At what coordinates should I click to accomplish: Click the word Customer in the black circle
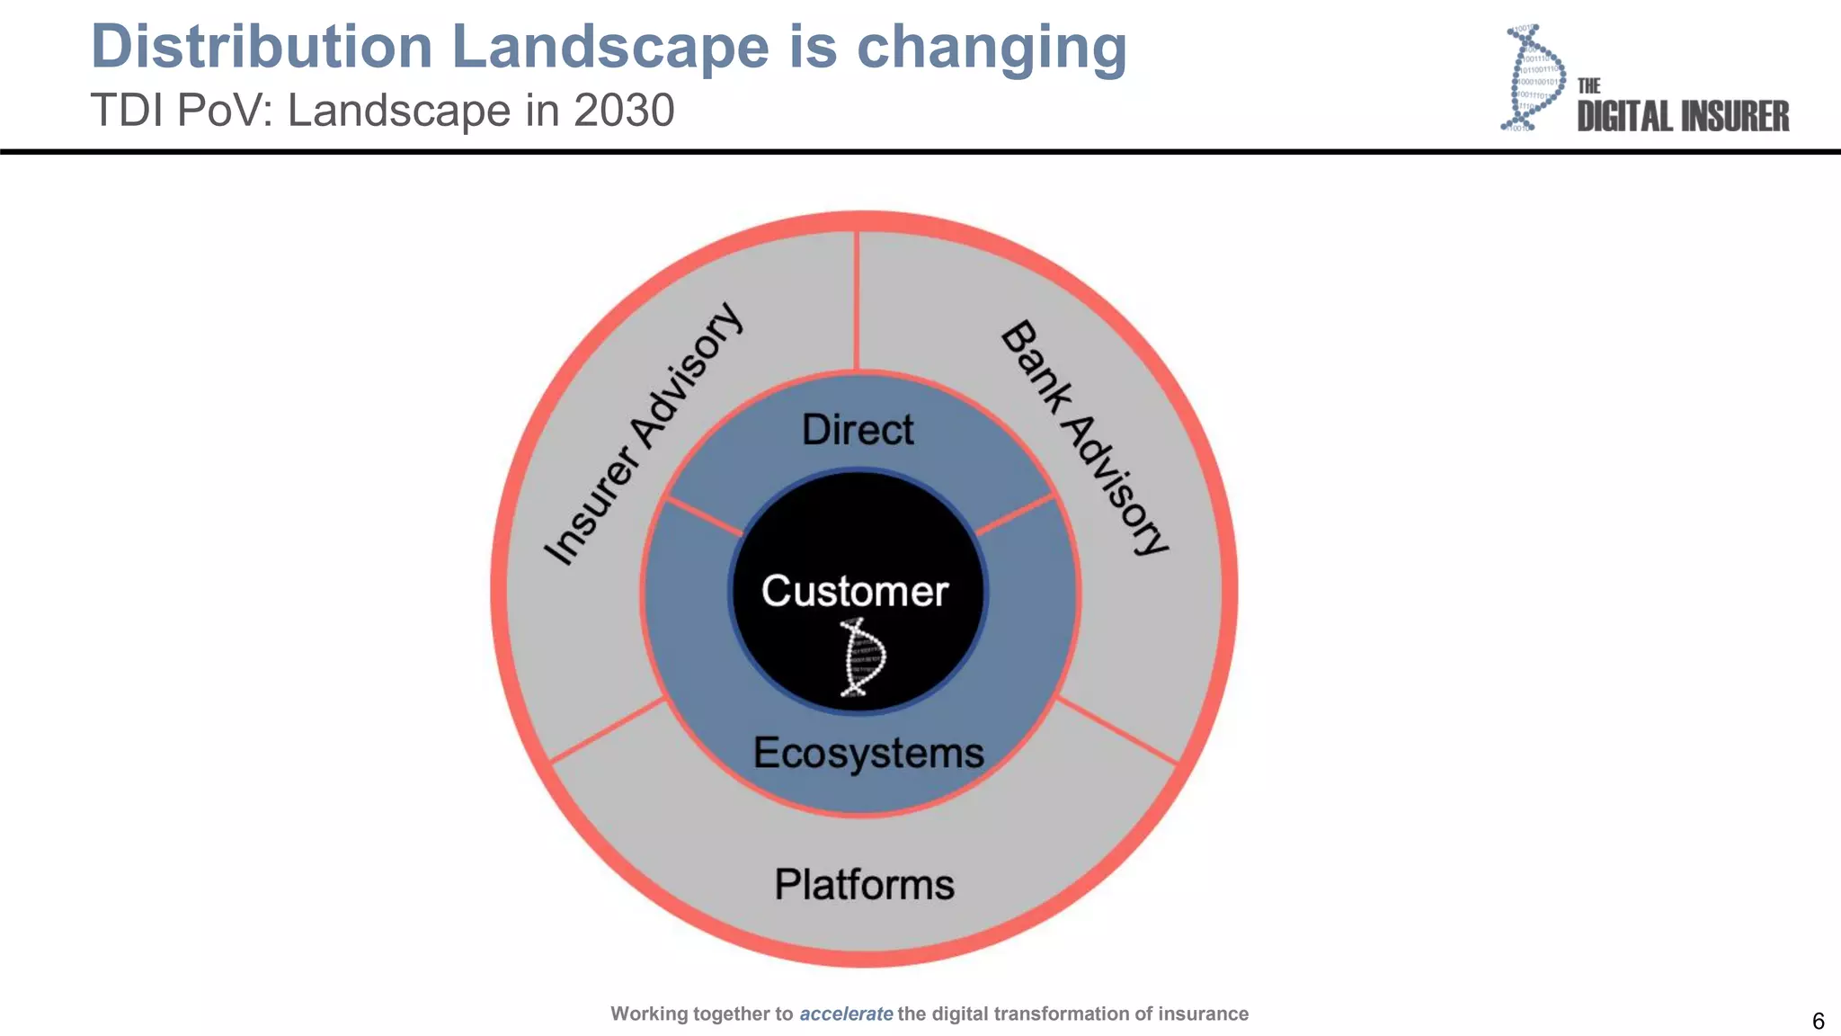tap(855, 591)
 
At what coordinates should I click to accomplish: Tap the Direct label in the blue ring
tap(858, 430)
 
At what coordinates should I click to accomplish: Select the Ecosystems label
tap(868, 753)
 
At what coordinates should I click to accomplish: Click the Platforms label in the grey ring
tap(864, 884)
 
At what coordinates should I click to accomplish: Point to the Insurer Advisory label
tap(644, 434)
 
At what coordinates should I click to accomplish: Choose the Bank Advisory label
tap(1084, 438)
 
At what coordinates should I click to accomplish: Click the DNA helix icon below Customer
tap(863, 658)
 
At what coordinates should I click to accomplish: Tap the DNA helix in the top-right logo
tap(1533, 79)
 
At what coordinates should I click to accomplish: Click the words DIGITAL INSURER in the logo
tap(1683, 117)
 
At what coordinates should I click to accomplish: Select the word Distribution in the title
tap(262, 47)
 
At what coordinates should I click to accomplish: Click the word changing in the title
tap(992, 47)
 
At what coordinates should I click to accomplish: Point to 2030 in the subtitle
tap(624, 111)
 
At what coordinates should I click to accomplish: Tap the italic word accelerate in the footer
tap(846, 1014)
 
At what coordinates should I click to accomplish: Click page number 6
tap(1818, 1021)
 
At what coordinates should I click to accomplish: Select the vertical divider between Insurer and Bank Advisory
tap(857, 301)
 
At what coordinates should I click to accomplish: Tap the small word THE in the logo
tap(1588, 85)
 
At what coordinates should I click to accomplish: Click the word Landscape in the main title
tap(610, 47)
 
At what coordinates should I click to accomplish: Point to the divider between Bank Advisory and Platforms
tap(1117, 731)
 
